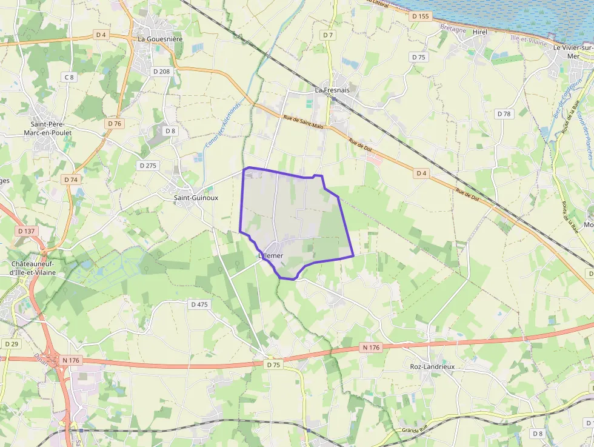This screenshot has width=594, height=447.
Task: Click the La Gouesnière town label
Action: coord(159,39)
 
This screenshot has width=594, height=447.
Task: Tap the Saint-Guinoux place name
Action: coord(196,198)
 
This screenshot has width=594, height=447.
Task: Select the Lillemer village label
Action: coord(271,256)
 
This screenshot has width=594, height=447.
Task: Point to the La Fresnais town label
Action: coord(332,90)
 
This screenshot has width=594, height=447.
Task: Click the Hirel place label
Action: coord(480,32)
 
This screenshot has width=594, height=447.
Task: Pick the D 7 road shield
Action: coord(329,35)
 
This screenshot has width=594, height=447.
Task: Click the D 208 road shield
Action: coord(162,71)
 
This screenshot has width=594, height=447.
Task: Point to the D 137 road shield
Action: coord(27,230)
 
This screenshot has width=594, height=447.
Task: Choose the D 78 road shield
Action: coord(504,113)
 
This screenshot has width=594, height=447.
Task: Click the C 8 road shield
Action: coord(69,77)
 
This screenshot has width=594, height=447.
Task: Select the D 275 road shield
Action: coord(148,165)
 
